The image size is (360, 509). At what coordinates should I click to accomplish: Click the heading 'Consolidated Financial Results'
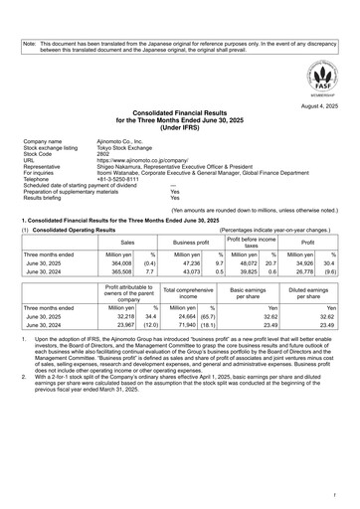coord(180,116)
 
